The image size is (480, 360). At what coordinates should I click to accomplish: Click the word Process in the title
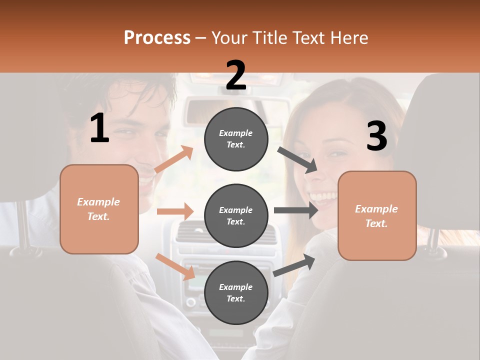click(x=157, y=37)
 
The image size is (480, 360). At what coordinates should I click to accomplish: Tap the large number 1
click(x=99, y=128)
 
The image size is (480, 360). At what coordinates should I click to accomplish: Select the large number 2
click(x=236, y=75)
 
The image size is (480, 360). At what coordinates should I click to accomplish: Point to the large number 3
click(x=376, y=136)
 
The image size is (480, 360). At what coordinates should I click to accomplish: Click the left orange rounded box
click(x=99, y=209)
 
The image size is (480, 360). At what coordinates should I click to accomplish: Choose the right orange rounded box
click(x=377, y=215)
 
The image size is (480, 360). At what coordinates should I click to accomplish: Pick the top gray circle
click(x=236, y=139)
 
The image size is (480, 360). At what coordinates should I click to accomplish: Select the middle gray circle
click(x=236, y=215)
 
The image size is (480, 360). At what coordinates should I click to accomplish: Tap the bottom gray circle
click(x=236, y=292)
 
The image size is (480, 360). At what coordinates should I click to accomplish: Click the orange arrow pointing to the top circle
click(x=174, y=159)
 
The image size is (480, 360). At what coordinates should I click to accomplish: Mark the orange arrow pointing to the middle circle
click(x=175, y=211)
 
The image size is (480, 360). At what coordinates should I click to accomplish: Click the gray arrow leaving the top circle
click(x=298, y=159)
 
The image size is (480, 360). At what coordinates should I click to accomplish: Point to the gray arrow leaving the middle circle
click(x=296, y=210)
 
